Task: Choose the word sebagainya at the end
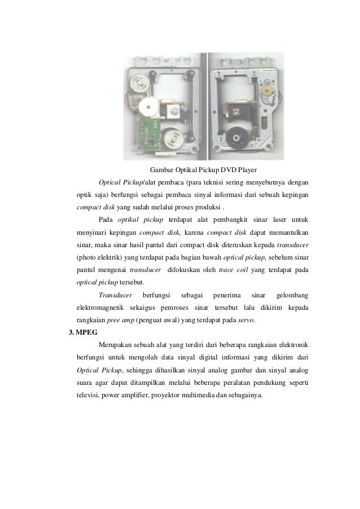244,395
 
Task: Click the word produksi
205,207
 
